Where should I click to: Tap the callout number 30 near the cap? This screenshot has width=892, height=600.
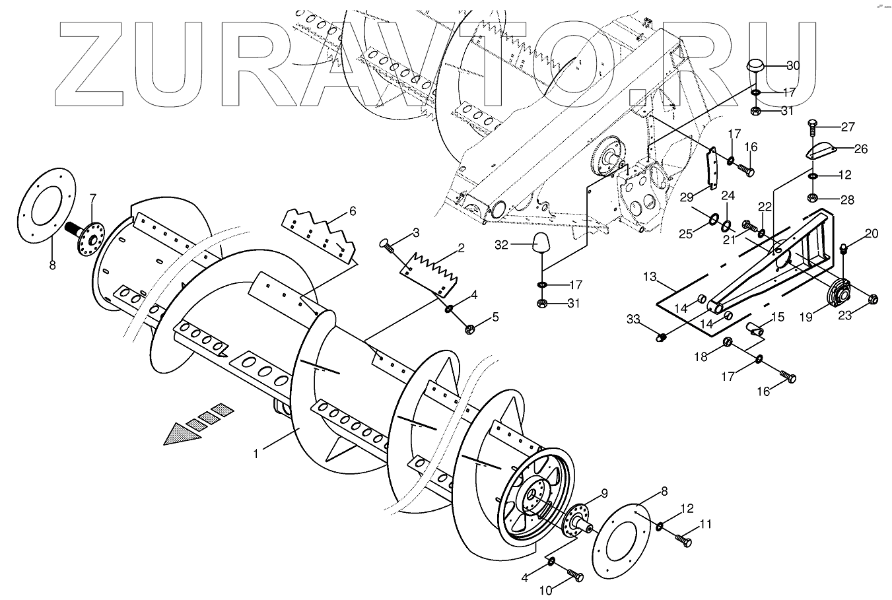click(x=793, y=65)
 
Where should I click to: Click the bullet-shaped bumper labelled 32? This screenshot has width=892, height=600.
click(x=541, y=243)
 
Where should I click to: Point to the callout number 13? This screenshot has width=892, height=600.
click(x=651, y=276)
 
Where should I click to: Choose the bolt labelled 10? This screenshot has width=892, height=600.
click(x=575, y=577)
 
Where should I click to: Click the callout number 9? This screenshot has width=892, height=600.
click(x=603, y=493)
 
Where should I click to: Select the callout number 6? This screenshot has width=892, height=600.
click(x=352, y=211)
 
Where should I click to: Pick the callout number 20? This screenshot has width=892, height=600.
click(x=872, y=233)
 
